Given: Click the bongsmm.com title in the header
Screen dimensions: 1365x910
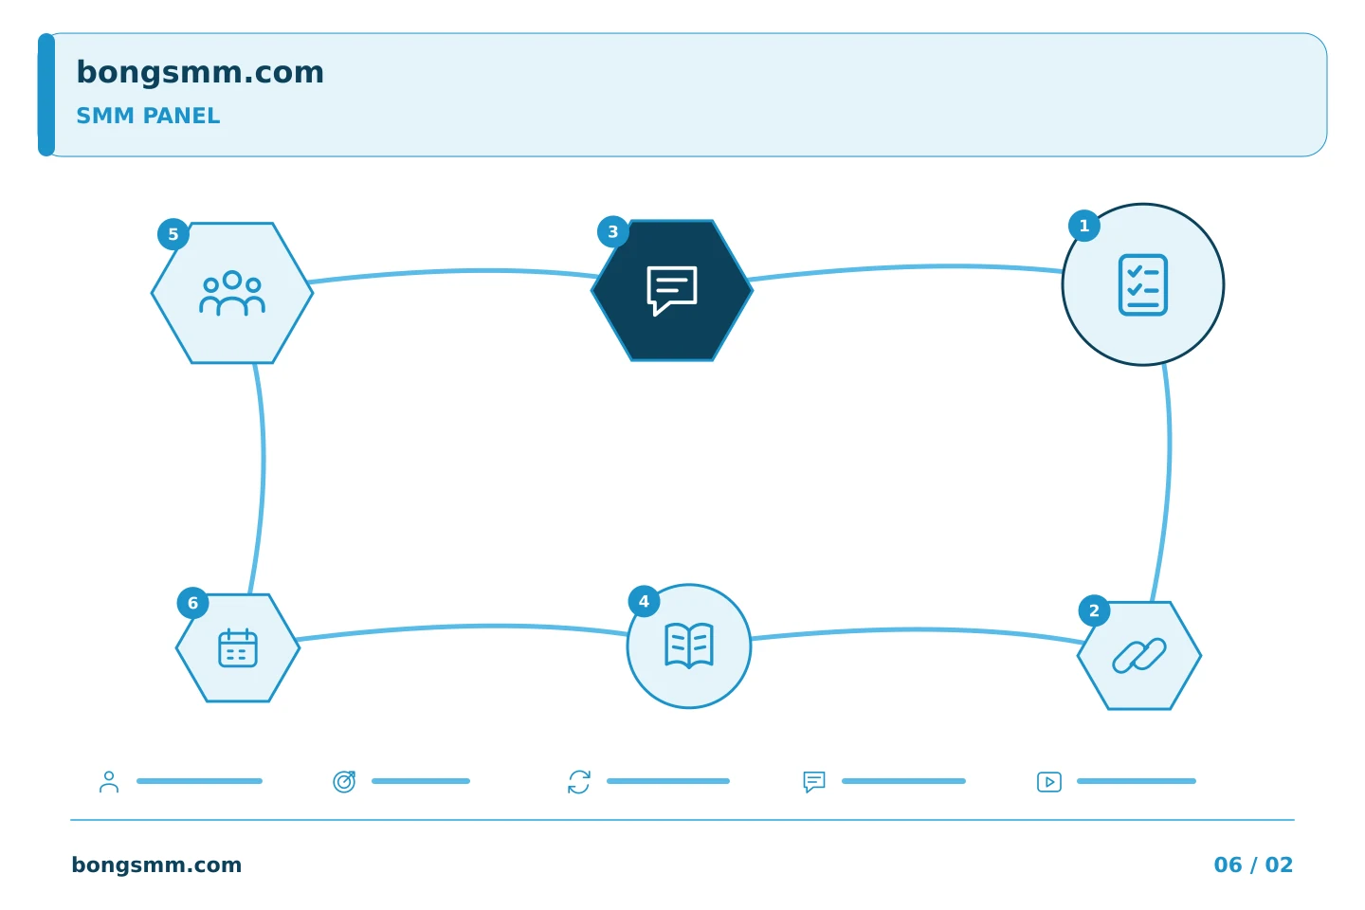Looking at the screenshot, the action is [200, 73].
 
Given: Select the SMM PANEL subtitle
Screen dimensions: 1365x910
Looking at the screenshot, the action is [148, 116].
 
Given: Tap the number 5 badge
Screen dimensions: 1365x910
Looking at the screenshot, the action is [173, 234].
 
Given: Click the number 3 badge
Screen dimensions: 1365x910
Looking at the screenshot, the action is [613, 231].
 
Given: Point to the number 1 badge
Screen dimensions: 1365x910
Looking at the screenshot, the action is [1084, 226].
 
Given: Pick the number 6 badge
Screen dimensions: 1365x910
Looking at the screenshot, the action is [192, 603].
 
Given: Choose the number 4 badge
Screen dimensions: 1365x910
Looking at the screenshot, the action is [644, 602].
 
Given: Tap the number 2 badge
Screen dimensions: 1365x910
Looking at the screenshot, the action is [1094, 610].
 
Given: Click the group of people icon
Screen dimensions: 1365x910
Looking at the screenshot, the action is [232, 293].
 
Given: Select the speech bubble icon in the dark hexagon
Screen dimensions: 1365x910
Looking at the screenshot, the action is [671, 291].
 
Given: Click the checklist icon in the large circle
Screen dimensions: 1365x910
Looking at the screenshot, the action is [1143, 284].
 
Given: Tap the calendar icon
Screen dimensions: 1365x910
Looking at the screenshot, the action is [238, 647].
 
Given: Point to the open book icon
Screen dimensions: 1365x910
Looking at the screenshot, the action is [689, 646].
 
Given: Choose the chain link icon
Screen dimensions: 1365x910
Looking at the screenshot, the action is [1139, 655].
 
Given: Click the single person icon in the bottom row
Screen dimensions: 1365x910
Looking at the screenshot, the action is [109, 781].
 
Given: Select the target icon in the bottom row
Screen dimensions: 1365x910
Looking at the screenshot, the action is [344, 781].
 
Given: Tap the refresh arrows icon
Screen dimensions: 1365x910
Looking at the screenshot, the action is [579, 781].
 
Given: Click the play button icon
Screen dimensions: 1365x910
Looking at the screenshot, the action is [1049, 782].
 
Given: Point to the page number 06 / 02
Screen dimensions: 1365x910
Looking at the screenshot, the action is [1253, 864].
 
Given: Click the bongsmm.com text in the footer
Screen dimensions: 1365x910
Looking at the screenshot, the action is [156, 864].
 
